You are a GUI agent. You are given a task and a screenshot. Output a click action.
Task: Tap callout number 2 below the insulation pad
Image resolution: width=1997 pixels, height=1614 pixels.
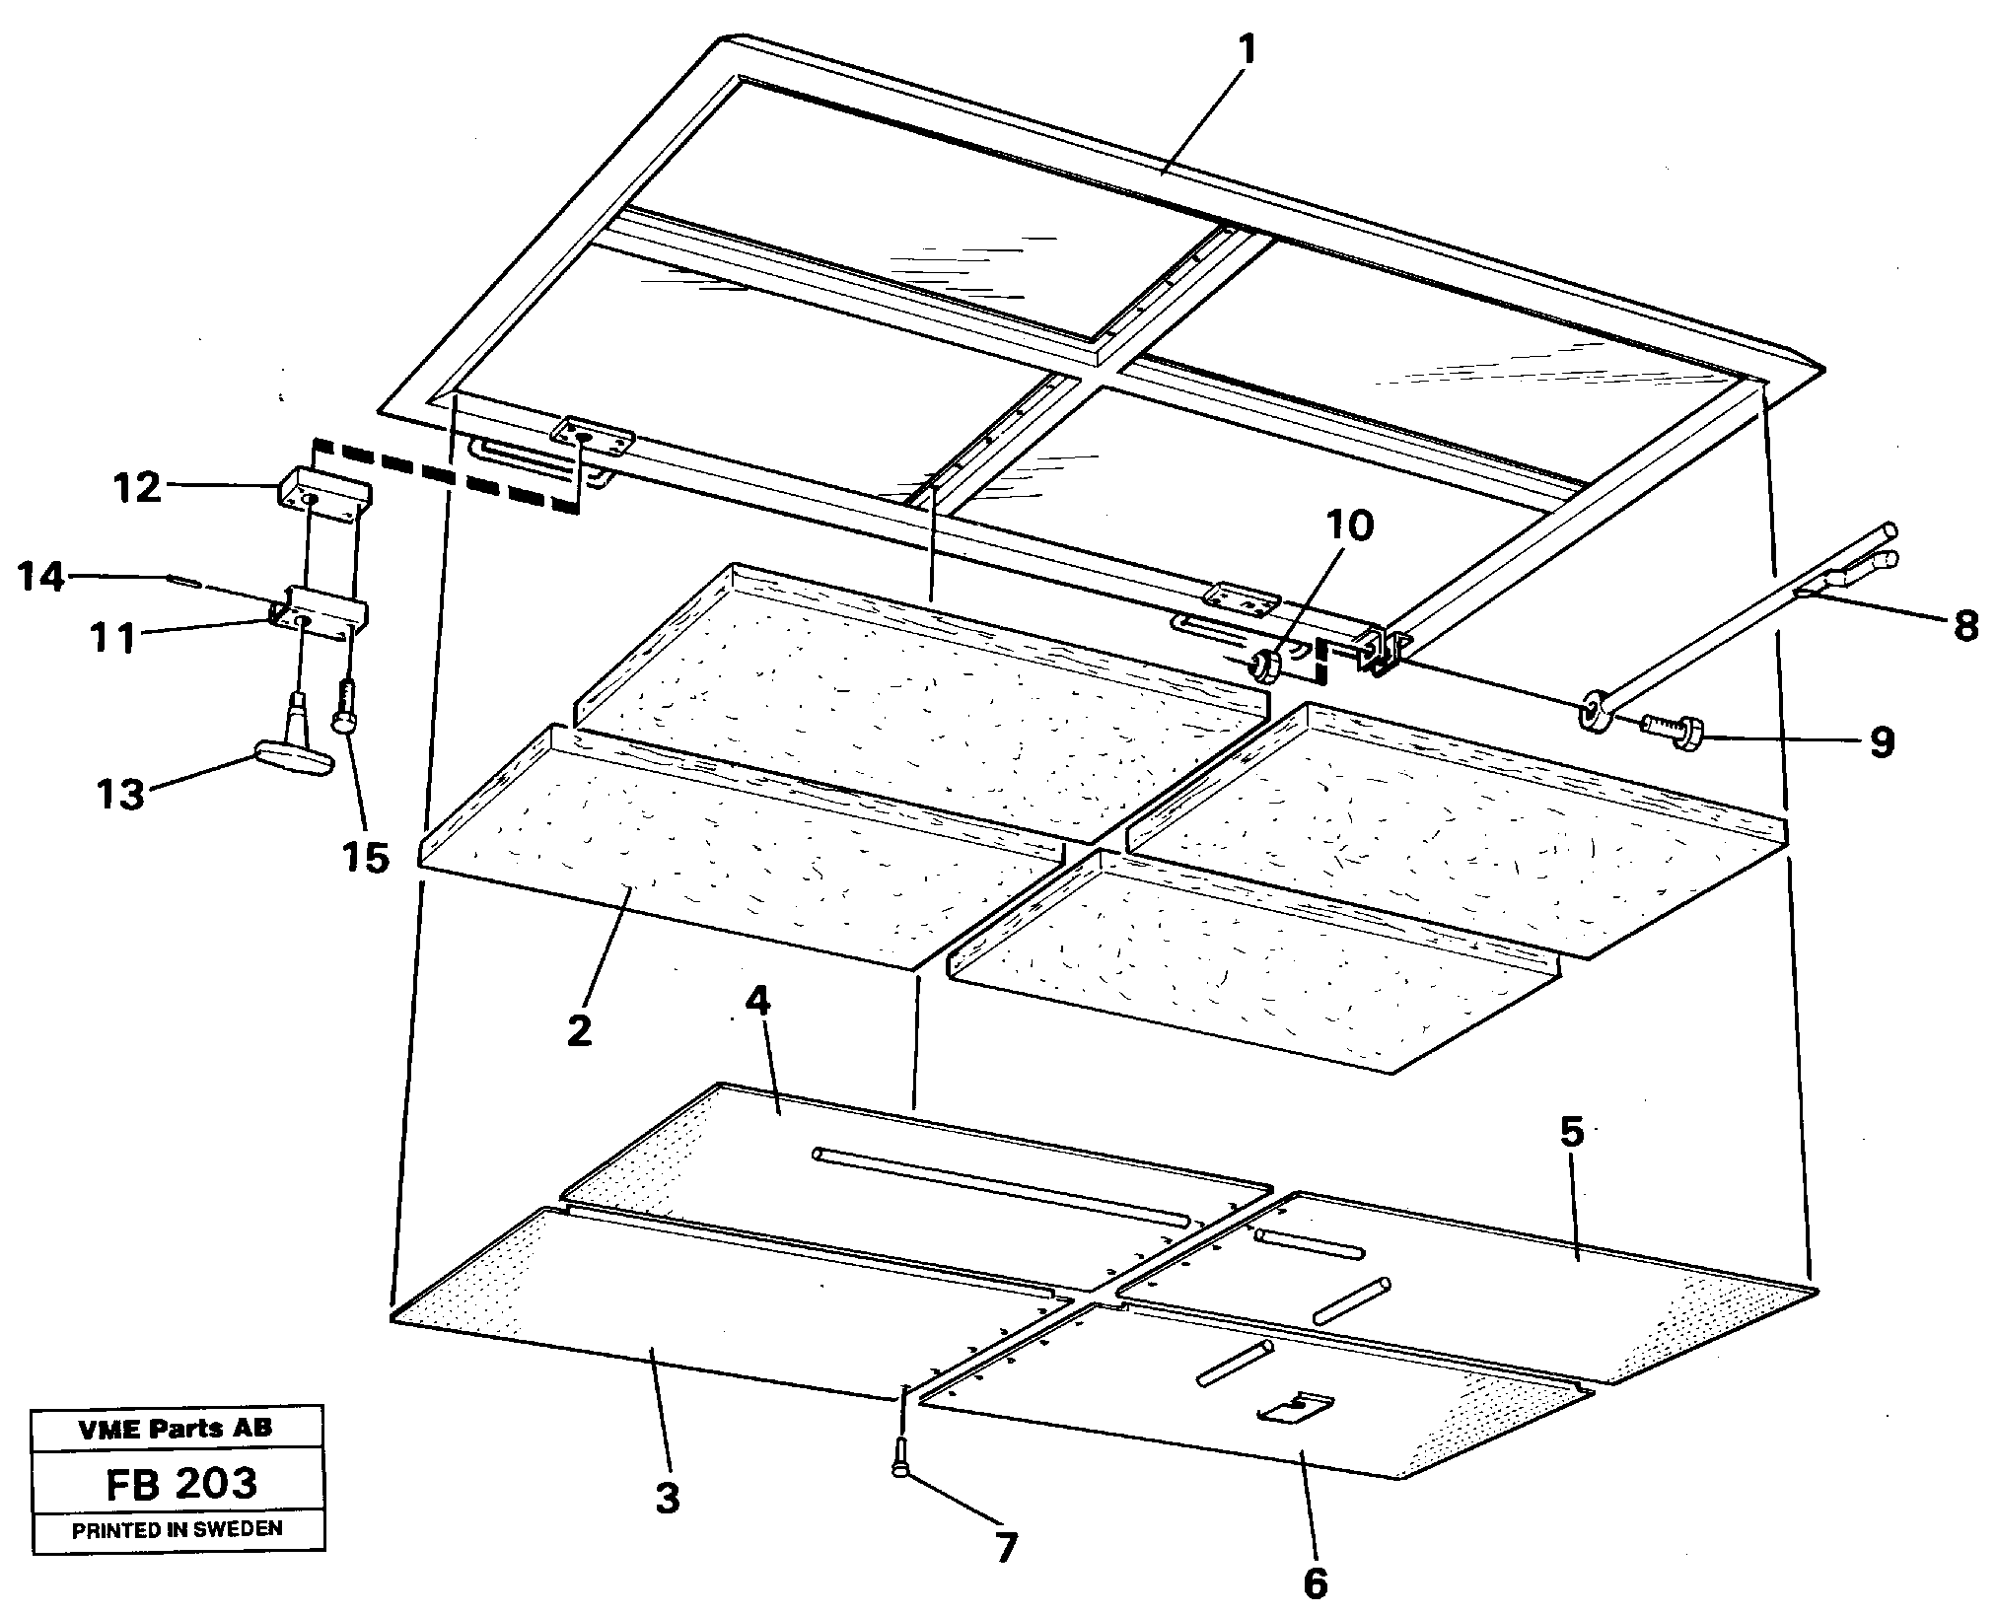579,1030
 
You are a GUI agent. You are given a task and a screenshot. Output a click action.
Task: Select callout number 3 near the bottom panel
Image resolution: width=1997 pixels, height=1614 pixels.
668,1499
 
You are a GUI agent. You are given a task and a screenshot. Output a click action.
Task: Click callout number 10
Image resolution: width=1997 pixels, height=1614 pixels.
1349,527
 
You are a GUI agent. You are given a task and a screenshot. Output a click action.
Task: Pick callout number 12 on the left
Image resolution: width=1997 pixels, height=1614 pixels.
137,488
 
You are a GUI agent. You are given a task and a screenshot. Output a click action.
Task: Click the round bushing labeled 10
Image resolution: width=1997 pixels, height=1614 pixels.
1264,668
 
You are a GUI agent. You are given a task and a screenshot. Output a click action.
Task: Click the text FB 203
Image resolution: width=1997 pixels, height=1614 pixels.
180,1483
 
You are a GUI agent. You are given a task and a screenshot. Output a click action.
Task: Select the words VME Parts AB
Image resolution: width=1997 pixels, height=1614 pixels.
177,1429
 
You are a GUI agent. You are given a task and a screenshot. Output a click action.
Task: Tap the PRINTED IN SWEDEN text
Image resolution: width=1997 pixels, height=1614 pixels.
178,1529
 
